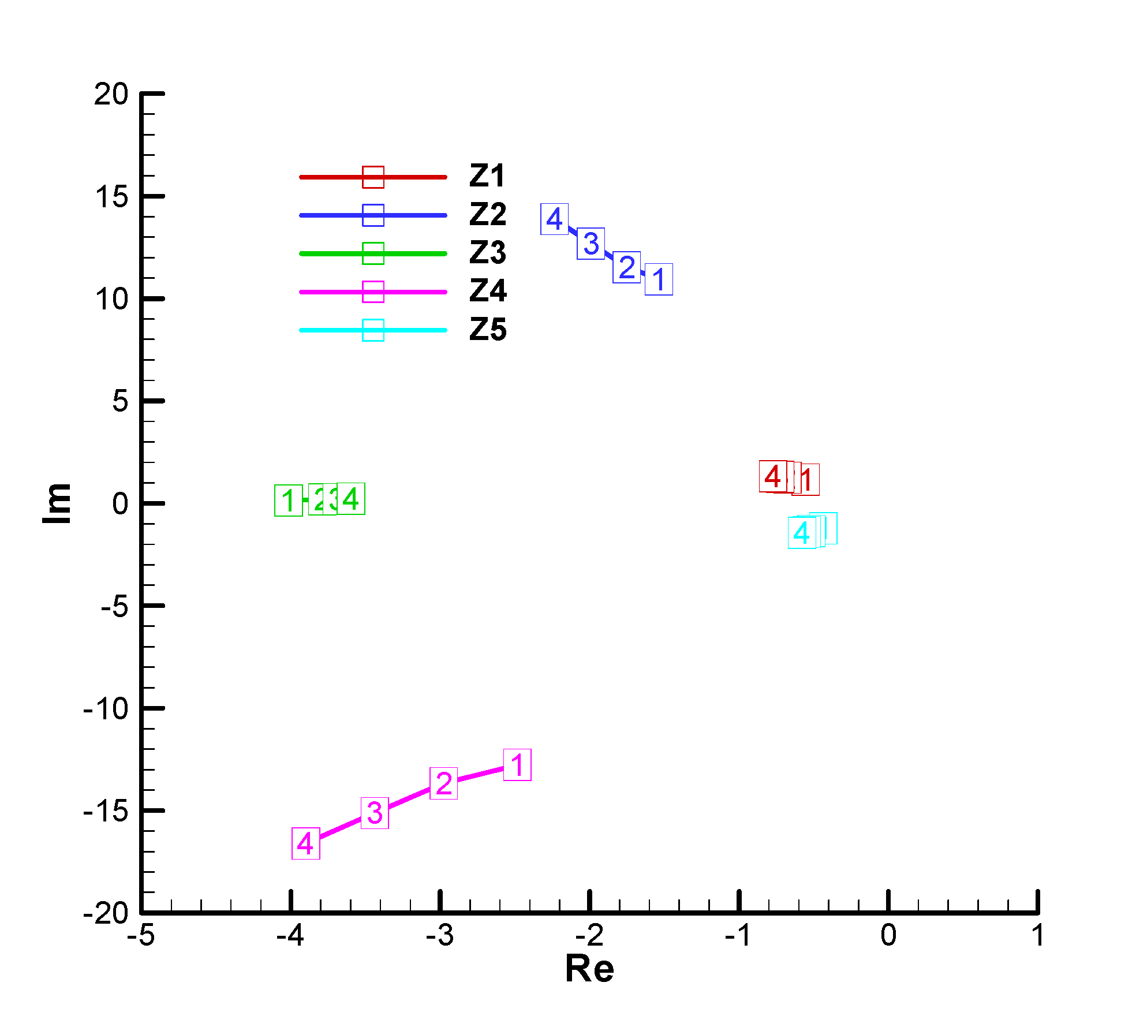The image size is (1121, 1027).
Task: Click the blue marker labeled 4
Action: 554,219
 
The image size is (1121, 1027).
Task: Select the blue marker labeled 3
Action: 591,244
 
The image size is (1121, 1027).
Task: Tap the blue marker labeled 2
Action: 626,268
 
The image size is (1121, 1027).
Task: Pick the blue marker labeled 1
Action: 659,279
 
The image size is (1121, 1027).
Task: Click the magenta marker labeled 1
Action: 517,765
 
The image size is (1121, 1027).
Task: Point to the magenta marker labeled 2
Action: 443,783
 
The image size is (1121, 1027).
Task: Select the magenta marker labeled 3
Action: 375,813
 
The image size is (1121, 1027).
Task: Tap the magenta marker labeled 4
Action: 305,843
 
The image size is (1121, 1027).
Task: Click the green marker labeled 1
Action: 289,501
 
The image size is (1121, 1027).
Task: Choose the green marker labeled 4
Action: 351,498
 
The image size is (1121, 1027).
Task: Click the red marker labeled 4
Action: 773,476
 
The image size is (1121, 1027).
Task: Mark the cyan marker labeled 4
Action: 802,533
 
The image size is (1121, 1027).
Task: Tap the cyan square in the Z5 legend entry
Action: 373,330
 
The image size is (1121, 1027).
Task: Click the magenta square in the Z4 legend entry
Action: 373,292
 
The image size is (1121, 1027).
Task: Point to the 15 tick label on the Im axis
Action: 112,197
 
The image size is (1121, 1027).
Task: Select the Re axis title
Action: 589,969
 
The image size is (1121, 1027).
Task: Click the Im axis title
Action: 58,503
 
